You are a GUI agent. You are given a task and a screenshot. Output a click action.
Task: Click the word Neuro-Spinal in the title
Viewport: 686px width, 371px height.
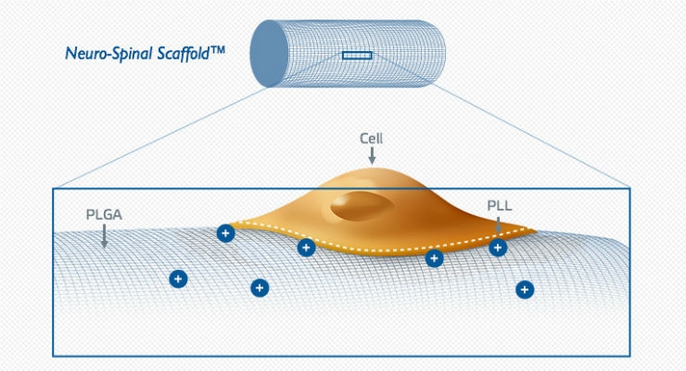pyautogui.click(x=108, y=54)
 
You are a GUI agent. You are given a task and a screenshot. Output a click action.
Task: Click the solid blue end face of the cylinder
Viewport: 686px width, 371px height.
pyautogui.click(x=269, y=54)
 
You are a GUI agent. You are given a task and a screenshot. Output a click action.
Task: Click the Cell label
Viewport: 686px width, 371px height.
pyautogui.click(x=371, y=138)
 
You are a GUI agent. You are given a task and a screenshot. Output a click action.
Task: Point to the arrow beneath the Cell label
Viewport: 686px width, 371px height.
pyautogui.click(x=372, y=155)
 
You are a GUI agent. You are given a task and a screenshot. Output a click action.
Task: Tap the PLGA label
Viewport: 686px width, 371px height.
pyautogui.click(x=104, y=215)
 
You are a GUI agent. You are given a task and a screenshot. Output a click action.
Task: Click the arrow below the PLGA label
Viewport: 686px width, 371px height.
pyautogui.click(x=104, y=237)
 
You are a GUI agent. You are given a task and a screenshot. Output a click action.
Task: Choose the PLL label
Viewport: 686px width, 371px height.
pyautogui.click(x=499, y=206)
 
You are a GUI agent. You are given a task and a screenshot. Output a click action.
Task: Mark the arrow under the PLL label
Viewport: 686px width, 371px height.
pyautogui.click(x=499, y=224)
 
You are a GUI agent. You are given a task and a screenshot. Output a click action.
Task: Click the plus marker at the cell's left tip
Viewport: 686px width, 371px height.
pyautogui.click(x=226, y=233)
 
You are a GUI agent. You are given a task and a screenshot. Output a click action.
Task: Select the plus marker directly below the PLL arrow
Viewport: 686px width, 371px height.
pyautogui.click(x=498, y=248)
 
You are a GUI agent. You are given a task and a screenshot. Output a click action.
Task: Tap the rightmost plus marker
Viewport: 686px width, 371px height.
pyautogui.click(x=525, y=289)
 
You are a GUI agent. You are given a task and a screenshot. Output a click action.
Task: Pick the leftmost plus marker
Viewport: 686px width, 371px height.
pyautogui.click(x=178, y=278)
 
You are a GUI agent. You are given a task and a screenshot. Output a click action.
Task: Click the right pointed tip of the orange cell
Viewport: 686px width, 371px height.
pyautogui.click(x=536, y=230)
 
